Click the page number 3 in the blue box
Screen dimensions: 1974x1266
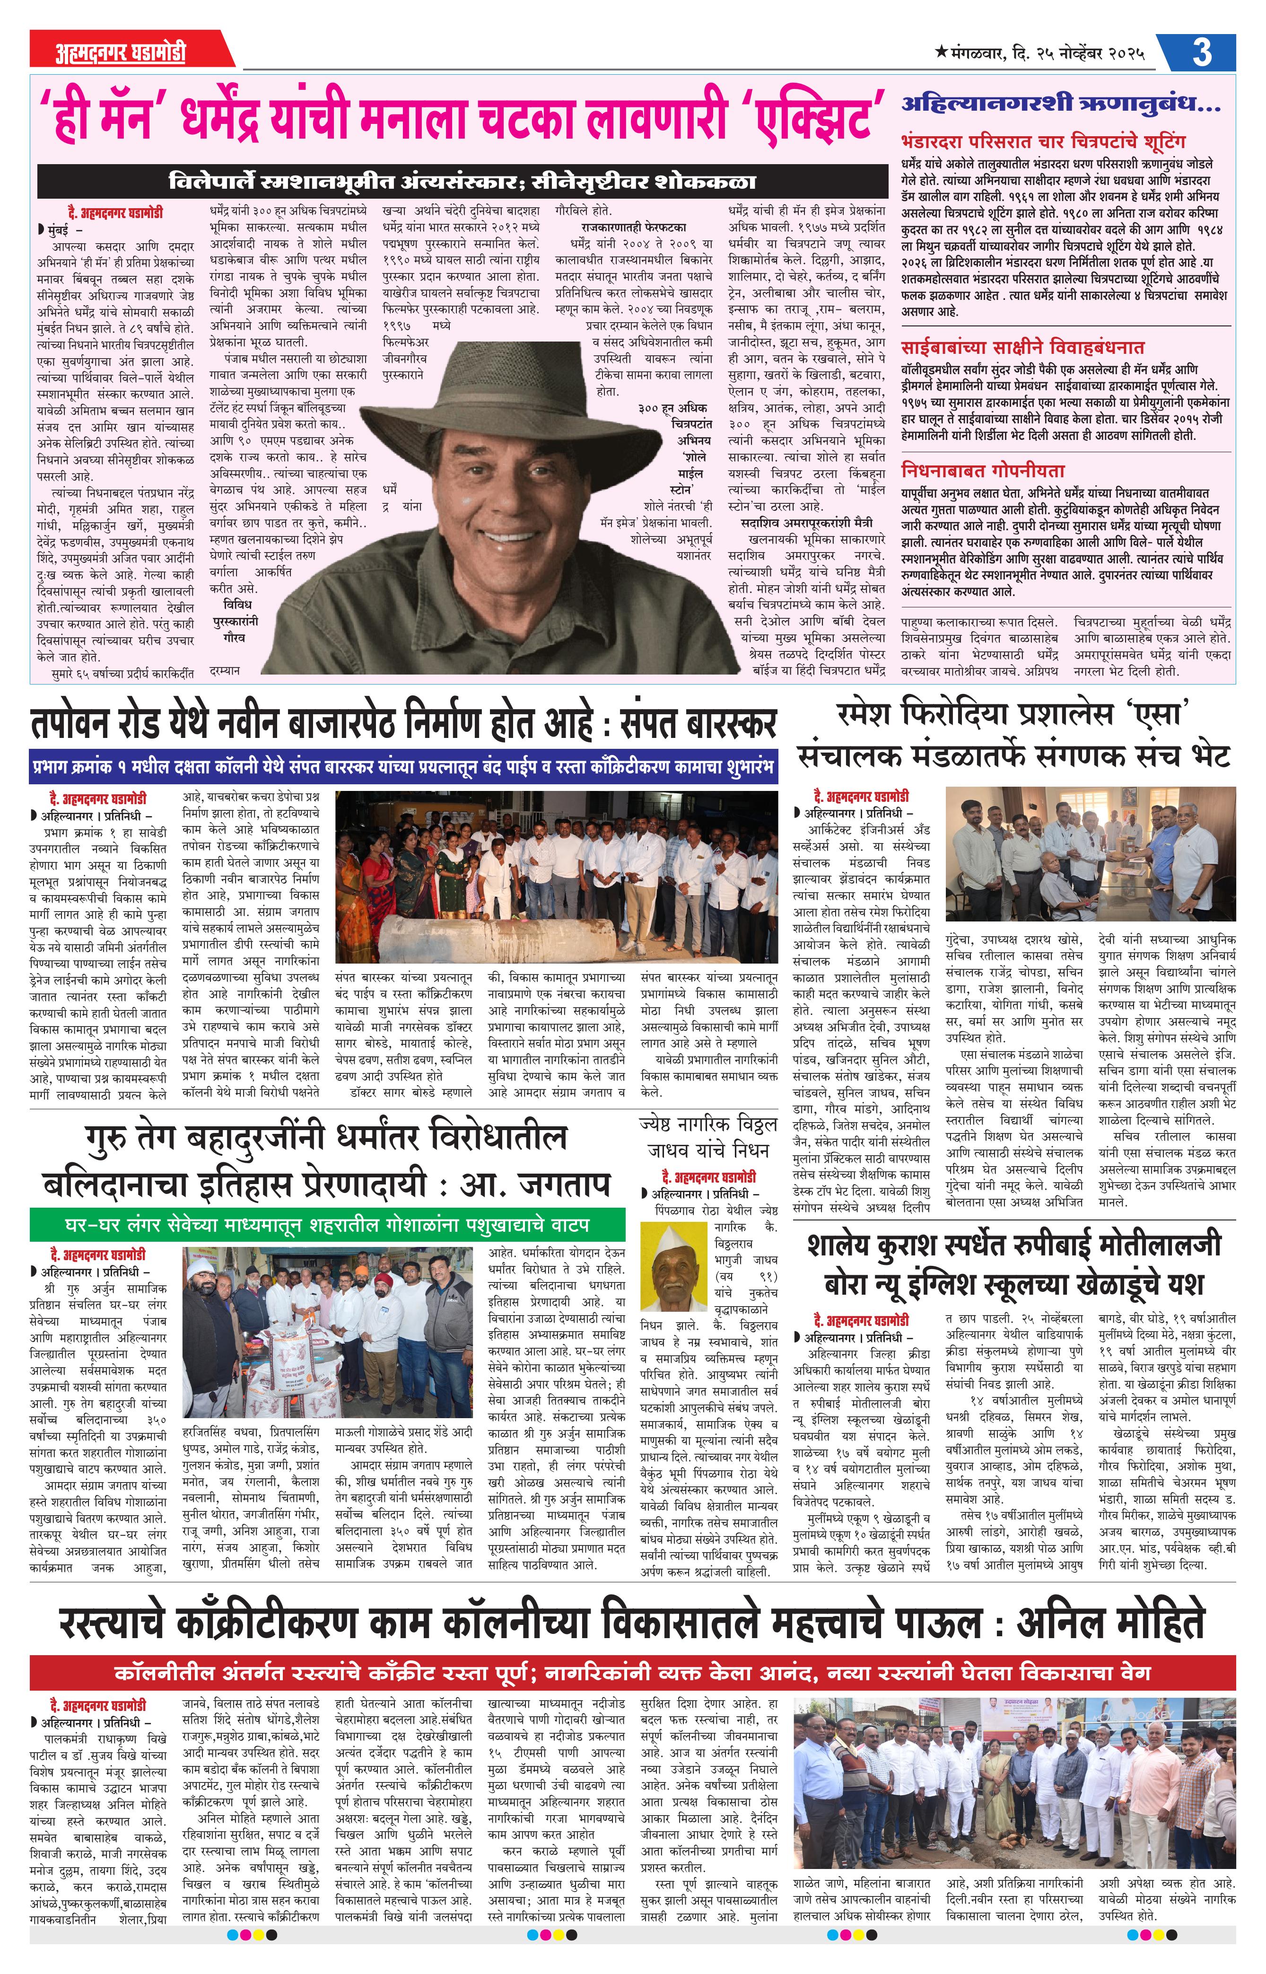point(1201,52)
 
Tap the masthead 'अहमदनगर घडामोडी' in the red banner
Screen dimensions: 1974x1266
point(121,53)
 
